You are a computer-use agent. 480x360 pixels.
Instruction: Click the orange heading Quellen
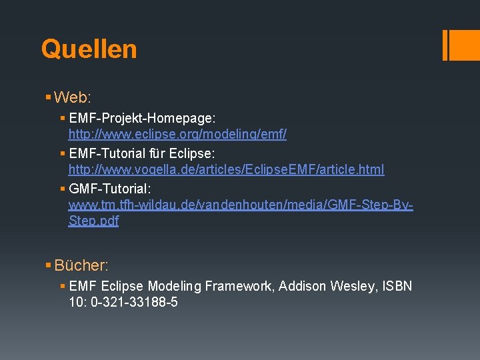[89, 49]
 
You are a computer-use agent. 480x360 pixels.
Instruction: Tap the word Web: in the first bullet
[72, 97]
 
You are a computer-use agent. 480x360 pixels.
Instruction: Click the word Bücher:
[81, 265]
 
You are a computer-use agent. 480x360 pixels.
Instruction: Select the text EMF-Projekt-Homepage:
[142, 118]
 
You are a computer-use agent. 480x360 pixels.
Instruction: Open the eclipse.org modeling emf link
[177, 134]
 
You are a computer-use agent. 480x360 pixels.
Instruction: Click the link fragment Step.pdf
[93, 221]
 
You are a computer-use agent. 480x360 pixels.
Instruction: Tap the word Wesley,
[355, 286]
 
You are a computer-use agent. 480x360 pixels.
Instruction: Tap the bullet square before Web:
[48, 97]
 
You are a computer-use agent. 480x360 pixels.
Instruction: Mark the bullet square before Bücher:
[48, 265]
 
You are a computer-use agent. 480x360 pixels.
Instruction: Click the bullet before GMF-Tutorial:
[63, 189]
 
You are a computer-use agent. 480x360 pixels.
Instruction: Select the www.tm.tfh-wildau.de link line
[240, 205]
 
